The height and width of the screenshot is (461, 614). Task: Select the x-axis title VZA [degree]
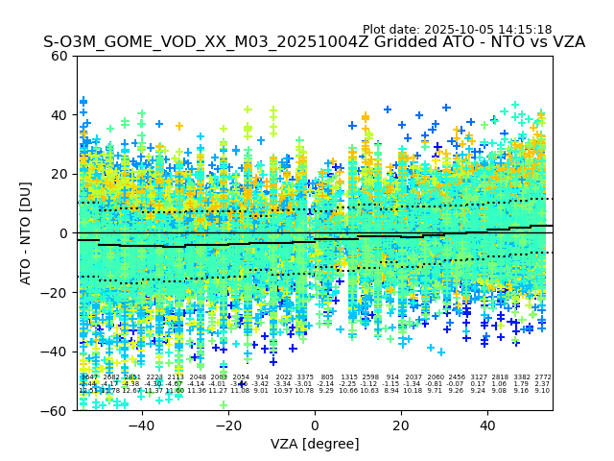(x=315, y=444)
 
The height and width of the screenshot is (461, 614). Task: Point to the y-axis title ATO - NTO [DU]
(x=26, y=233)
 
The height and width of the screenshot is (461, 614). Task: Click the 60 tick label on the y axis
(x=59, y=56)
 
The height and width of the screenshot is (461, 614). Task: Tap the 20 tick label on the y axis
(x=59, y=174)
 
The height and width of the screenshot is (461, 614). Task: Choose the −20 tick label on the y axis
(x=56, y=292)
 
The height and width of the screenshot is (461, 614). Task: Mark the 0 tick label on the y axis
(x=63, y=233)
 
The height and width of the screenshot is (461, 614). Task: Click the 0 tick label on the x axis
(x=315, y=425)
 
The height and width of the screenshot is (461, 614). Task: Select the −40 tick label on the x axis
(x=141, y=425)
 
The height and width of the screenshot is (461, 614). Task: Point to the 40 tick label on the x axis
(x=487, y=425)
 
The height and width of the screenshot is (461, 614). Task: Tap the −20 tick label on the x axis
(x=227, y=425)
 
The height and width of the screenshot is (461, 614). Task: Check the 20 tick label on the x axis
(x=401, y=425)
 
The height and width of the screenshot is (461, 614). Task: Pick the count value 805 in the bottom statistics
(x=327, y=377)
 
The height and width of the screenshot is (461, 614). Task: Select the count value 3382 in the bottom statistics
(x=522, y=377)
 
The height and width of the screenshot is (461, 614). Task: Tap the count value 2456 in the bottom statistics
(x=457, y=377)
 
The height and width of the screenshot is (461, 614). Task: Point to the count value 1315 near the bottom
(x=349, y=377)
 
